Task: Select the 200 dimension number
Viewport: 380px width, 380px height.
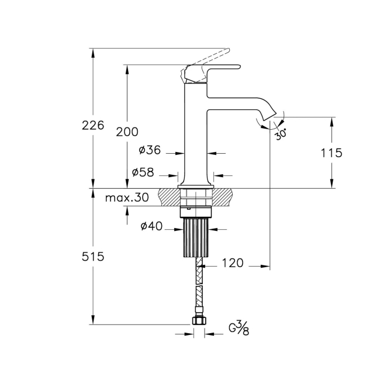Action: [x=127, y=132]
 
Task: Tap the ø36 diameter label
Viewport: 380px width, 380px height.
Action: [x=150, y=150]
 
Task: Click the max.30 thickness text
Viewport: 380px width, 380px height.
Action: [x=127, y=198]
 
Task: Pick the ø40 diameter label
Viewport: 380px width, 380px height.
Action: [x=151, y=226]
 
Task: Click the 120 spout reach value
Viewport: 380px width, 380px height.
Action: [x=233, y=264]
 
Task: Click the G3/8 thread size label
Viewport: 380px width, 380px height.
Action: [x=238, y=328]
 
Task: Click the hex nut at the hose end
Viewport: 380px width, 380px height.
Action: [x=198, y=321]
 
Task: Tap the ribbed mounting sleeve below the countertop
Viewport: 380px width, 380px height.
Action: [x=196, y=237]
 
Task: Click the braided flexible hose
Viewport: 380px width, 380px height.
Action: [x=199, y=286]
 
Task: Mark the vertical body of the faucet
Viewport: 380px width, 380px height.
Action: [x=196, y=134]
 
